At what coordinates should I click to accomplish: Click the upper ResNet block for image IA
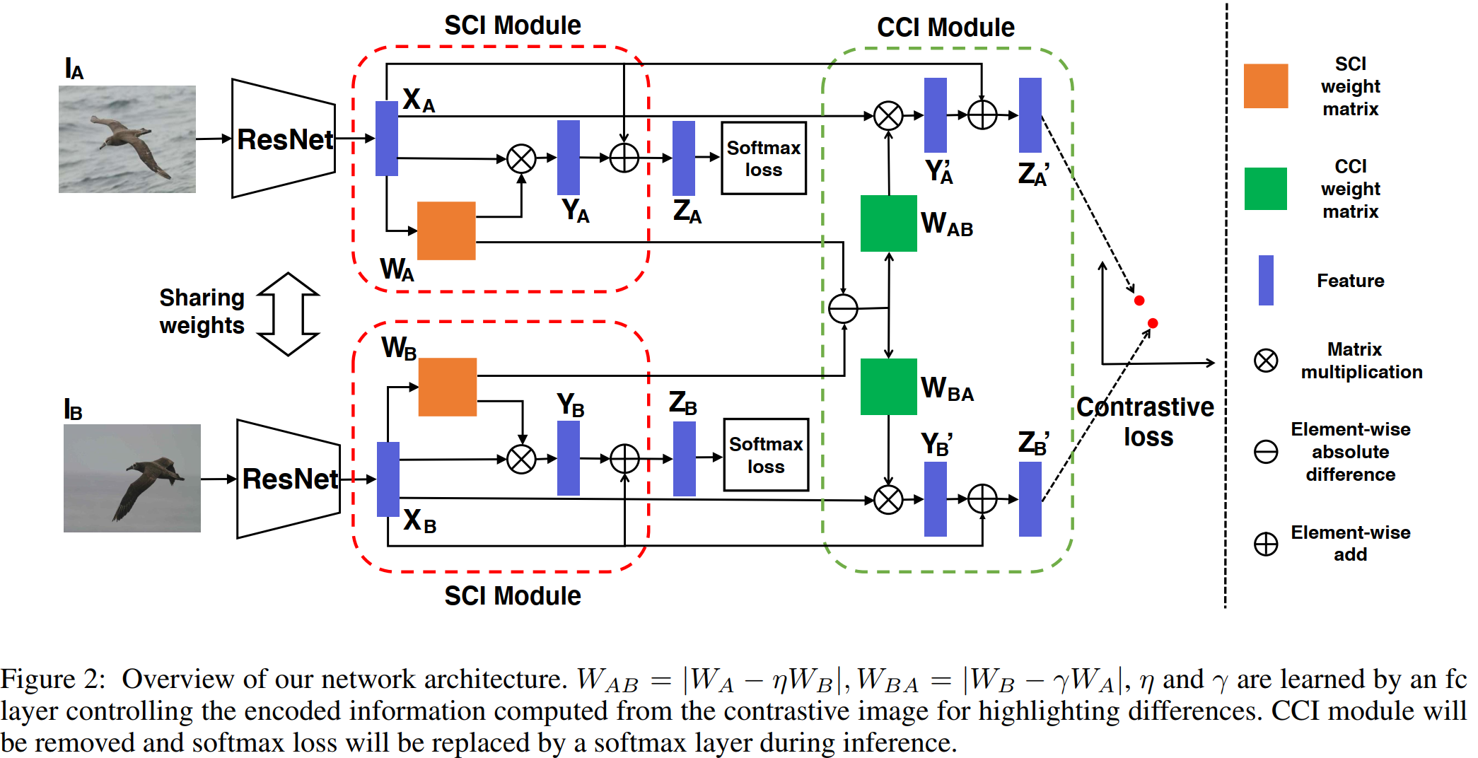point(284,139)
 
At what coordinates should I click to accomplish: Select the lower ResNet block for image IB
point(289,479)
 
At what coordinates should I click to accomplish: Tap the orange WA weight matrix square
point(446,231)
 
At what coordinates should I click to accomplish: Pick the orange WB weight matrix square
point(448,387)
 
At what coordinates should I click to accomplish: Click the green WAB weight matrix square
point(888,223)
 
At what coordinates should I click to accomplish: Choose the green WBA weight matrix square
point(888,387)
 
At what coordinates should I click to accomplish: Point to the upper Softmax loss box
point(764,158)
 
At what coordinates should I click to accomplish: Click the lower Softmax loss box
point(766,455)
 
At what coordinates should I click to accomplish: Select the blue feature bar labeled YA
point(569,157)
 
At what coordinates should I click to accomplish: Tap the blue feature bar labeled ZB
point(684,458)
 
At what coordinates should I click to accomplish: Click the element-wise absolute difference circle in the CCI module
point(843,309)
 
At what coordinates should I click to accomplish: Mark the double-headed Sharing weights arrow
point(289,313)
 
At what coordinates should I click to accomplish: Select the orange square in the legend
point(1266,86)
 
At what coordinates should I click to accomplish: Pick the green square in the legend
point(1266,189)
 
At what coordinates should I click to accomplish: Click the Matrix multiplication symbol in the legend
point(1266,361)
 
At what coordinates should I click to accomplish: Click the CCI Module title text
point(945,28)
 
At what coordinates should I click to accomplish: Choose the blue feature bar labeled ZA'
point(1030,115)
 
